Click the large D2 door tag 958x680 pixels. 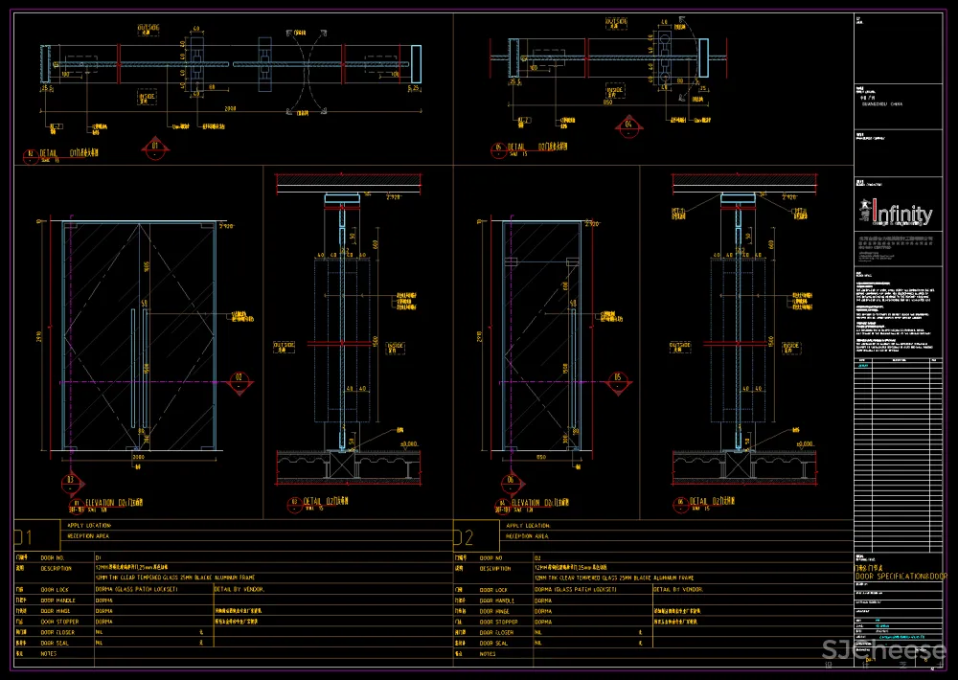pyautogui.click(x=463, y=536)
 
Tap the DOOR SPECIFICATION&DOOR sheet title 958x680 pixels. pyautogui.click(x=901, y=577)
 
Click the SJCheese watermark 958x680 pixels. pyautogui.click(x=885, y=653)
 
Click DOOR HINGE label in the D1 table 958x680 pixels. pyautogui.click(x=55, y=610)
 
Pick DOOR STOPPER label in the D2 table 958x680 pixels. pyautogui.click(x=503, y=622)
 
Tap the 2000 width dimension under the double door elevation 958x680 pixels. pyautogui.click(x=138, y=458)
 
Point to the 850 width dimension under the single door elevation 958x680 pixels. pyautogui.click(x=542, y=458)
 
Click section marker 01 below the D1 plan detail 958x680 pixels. pyautogui.click(x=156, y=147)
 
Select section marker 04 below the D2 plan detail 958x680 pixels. pyautogui.click(x=628, y=125)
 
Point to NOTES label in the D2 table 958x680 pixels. pyautogui.click(x=488, y=654)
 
